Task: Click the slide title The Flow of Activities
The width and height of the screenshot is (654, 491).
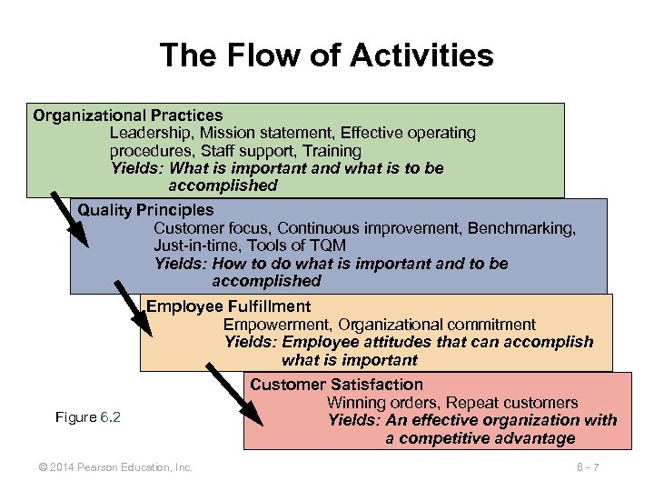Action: point(327,56)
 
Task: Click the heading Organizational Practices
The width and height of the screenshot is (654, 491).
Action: point(128,115)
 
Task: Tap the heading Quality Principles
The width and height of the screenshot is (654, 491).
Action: point(146,210)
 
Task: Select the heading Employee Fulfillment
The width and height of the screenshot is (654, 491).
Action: point(229,306)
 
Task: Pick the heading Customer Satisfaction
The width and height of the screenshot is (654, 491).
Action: point(337,385)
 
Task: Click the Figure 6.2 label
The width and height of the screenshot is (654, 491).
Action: point(88,417)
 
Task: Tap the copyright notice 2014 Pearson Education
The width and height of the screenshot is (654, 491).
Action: point(115,467)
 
